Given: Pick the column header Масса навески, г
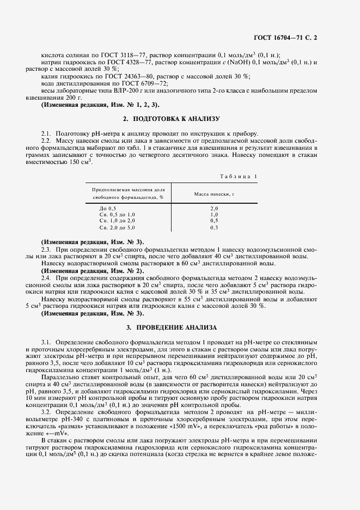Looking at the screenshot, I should pos(214,193).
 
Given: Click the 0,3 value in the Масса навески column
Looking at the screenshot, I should pos(214,227).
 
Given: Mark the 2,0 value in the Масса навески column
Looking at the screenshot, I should pos(214,209).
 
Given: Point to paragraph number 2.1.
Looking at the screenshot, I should pos(46,133).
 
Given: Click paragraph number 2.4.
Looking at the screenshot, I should pos(46,278).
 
